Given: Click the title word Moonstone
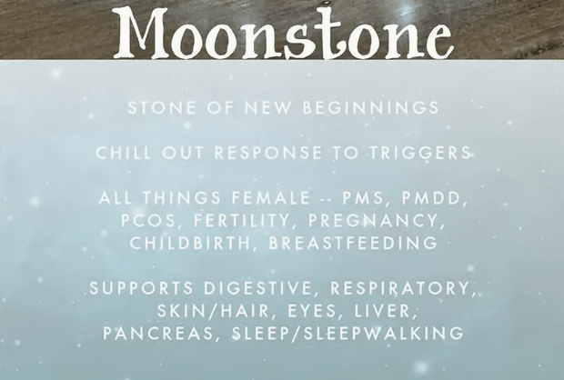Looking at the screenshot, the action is point(283,33).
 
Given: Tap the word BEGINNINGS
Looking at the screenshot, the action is point(371,108).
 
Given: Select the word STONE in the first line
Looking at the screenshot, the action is point(162,108).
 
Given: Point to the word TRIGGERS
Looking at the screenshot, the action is point(419,153).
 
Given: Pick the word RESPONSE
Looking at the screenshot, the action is point(268,153).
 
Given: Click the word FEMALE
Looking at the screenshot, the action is point(271,198).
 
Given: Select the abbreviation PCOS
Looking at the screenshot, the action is point(147,221).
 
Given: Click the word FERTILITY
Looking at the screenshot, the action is point(241,221).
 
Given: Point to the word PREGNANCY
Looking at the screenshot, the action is point(374,221).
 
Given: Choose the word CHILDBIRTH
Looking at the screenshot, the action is point(189,244).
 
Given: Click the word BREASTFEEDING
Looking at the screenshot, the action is point(353,244).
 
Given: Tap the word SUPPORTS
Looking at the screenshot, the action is point(141,288).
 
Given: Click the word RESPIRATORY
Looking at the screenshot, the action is point(400,288).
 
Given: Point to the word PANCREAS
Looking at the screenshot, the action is point(157,334).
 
